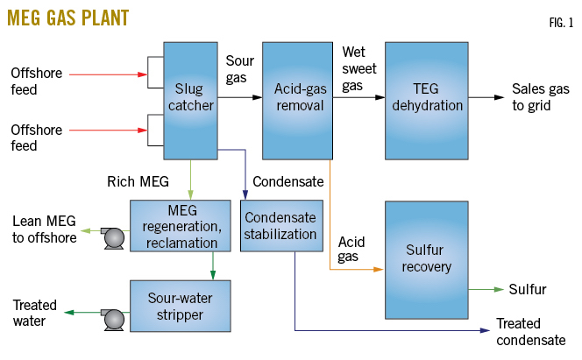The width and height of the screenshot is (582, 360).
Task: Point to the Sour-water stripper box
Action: tap(181, 305)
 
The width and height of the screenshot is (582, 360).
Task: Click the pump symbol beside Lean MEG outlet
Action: tap(111, 236)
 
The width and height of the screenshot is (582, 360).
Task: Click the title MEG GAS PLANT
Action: tap(67, 18)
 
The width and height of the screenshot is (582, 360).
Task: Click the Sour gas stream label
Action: tap(240, 70)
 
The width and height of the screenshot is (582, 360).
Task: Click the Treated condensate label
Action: tap(531, 331)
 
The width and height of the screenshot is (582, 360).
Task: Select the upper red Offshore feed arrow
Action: tap(105, 75)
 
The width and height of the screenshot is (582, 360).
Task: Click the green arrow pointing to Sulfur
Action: tap(486, 288)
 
